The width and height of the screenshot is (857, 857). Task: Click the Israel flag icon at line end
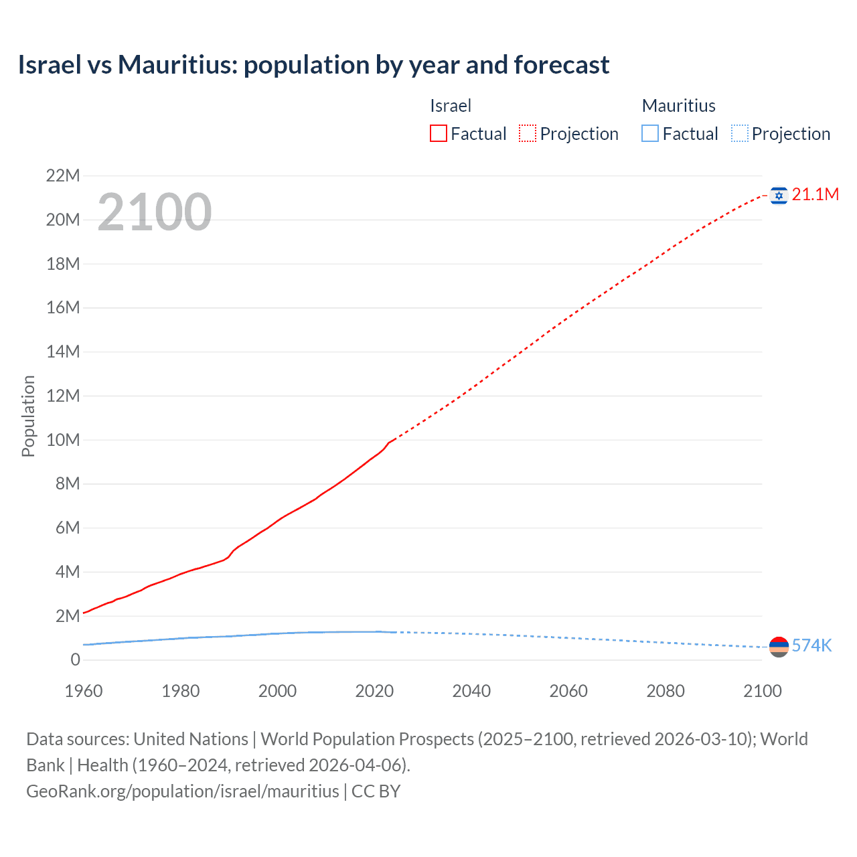778,195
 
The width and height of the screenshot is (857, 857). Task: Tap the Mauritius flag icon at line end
778,647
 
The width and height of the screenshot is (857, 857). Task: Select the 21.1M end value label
815,195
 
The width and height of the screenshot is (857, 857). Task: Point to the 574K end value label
811,645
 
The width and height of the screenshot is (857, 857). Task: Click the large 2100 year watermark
155,212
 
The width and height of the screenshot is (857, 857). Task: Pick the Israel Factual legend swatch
438,134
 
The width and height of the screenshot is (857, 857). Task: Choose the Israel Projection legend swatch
528,134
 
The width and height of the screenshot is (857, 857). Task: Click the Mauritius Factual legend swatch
650,134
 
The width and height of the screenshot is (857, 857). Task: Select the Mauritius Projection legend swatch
740,134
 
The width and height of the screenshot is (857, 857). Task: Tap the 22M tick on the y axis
63,176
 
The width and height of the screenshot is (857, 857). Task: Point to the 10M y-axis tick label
63,440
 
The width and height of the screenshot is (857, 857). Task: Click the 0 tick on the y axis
75,659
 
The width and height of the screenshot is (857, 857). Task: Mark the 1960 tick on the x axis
84,691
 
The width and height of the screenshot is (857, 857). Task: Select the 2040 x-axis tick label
471,691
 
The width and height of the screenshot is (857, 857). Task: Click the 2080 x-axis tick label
666,691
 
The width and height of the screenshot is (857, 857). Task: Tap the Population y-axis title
28,416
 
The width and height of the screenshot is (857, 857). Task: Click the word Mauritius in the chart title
177,65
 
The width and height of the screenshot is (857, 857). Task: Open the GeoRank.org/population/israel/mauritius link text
183,791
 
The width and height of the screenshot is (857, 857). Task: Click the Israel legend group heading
450,106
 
